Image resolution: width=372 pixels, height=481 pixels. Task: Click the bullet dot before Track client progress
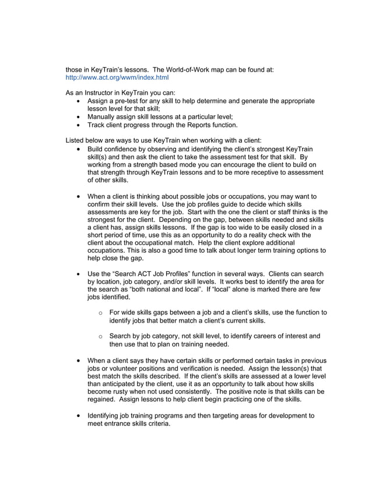coord(79,125)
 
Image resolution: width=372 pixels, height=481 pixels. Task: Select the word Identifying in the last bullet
coord(106,416)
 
